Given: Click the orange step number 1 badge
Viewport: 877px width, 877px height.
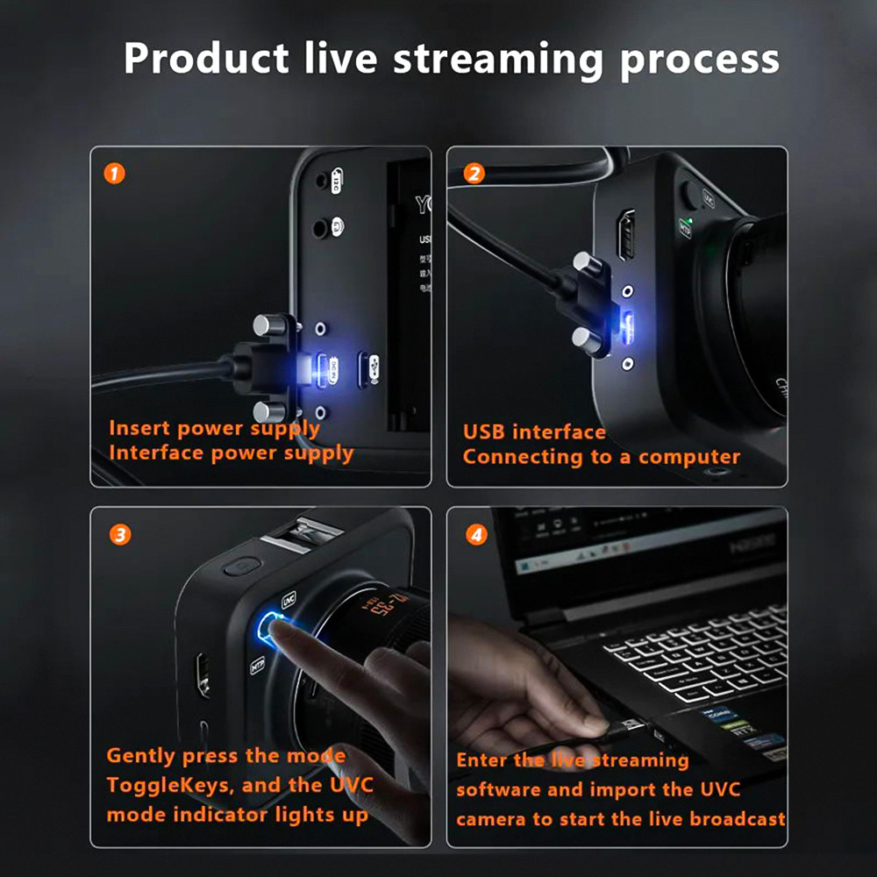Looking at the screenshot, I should pos(114,174).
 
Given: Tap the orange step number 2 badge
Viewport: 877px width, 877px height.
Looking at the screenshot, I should pos(474,174).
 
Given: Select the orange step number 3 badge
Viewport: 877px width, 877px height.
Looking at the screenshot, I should pos(119,534).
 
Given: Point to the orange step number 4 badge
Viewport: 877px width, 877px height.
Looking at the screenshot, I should pos(476,534).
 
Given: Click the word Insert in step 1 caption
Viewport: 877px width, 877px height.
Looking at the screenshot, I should pos(139,429).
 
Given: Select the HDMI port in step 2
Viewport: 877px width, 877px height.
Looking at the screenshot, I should pos(626,234).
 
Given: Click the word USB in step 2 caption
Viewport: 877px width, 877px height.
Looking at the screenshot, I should pos(484,432).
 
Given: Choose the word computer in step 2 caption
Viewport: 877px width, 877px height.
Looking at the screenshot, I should pos(688,457).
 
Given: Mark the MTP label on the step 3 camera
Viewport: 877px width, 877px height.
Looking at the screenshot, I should pos(258,664).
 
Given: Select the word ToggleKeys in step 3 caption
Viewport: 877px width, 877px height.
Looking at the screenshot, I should pos(171,784).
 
